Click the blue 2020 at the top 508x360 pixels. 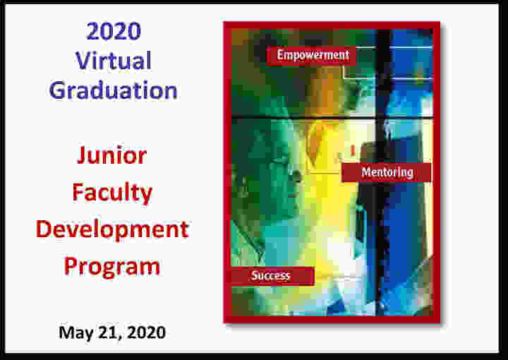coord(114,31)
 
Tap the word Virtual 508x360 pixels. coord(114,60)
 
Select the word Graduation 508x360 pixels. coord(114,90)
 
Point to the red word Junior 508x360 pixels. coord(111,155)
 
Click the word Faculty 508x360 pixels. coord(112,193)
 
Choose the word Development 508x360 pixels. coord(112,230)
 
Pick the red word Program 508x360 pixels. coord(112,267)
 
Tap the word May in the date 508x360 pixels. coord(75,332)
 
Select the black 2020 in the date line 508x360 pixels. coord(147,332)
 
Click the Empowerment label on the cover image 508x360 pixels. coord(313,55)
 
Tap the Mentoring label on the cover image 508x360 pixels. coord(387,172)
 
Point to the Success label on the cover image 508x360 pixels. coord(270,275)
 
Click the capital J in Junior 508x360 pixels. coord(82,155)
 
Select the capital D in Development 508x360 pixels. coord(44,229)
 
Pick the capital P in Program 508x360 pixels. coord(71,266)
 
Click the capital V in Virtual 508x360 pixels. coord(84,60)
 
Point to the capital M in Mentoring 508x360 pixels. coord(366,172)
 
